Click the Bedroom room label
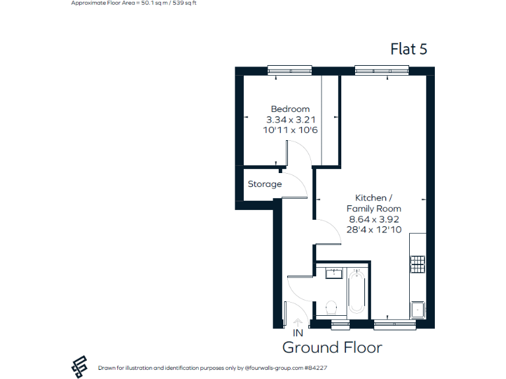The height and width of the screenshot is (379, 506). (x=290, y=109)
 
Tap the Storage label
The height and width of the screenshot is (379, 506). (x=265, y=184)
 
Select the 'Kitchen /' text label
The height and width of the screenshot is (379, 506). (x=374, y=198)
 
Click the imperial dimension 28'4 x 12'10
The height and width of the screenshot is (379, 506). (x=374, y=230)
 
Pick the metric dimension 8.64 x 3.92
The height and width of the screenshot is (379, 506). (x=374, y=219)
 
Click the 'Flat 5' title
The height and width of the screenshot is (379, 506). (x=409, y=49)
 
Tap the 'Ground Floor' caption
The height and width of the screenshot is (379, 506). (x=332, y=347)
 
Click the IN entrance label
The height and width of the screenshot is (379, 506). (x=297, y=334)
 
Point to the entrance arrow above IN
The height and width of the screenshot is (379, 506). (x=297, y=322)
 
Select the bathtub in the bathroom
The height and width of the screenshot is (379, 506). (x=356, y=291)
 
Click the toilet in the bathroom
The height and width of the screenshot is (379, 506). (x=332, y=307)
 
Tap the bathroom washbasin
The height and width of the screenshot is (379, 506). (x=332, y=273)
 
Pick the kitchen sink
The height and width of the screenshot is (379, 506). (x=418, y=310)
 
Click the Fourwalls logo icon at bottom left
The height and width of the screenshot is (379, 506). (x=80, y=367)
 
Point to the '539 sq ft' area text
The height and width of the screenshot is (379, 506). (x=183, y=3)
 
